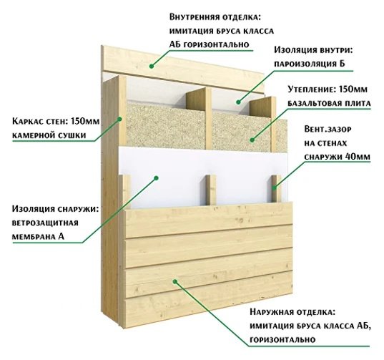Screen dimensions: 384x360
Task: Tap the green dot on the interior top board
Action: pyautogui.click(x=152, y=66)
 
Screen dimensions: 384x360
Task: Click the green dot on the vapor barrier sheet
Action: pyautogui.click(x=238, y=102)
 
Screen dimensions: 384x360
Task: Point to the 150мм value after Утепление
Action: pyautogui.click(x=353, y=89)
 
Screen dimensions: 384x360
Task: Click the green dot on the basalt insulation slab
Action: pyautogui.click(x=252, y=140)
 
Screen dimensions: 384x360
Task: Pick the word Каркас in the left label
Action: pyautogui.click(x=26, y=121)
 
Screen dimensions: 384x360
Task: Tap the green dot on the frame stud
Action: pyautogui.click(x=119, y=120)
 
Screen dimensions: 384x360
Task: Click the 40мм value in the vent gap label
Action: pyautogui.click(x=358, y=156)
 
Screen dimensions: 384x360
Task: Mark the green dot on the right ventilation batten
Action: pyautogui.click(x=275, y=188)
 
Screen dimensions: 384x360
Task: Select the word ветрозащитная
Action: pyautogui.click(x=45, y=223)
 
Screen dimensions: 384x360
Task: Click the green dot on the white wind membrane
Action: pyautogui.click(x=156, y=178)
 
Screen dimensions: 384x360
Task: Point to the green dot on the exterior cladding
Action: pyautogui.click(x=175, y=281)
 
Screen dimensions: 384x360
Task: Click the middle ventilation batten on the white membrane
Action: pyautogui.click(x=211, y=190)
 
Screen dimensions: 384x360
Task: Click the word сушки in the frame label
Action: pyautogui.click(x=72, y=135)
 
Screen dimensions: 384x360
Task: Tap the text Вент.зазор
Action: pyautogui.click(x=328, y=129)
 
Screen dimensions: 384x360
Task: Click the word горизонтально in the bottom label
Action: pyautogui.click(x=282, y=340)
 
